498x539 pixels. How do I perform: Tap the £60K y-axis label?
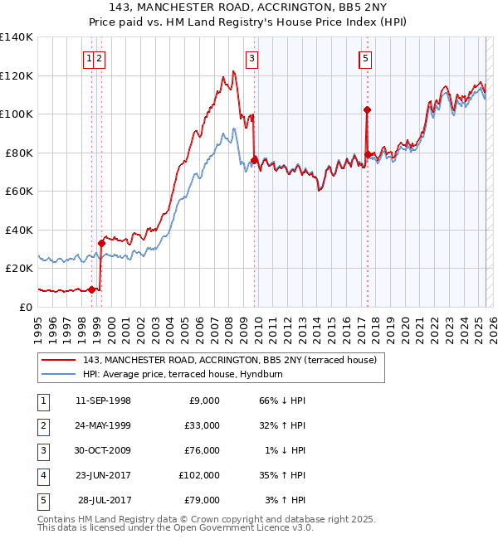19,192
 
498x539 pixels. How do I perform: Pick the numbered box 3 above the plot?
251,58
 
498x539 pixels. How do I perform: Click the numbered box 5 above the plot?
365,58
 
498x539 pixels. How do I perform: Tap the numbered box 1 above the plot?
88,58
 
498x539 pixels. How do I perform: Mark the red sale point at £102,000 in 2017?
366,109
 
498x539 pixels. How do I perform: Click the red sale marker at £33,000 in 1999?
101,243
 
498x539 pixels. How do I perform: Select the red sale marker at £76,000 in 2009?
254,160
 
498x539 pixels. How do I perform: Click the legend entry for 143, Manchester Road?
230,360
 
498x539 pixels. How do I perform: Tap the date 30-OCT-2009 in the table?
103,450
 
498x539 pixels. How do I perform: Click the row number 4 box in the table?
41,475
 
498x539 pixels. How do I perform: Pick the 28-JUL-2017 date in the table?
105,500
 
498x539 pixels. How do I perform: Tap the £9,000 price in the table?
203,401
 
